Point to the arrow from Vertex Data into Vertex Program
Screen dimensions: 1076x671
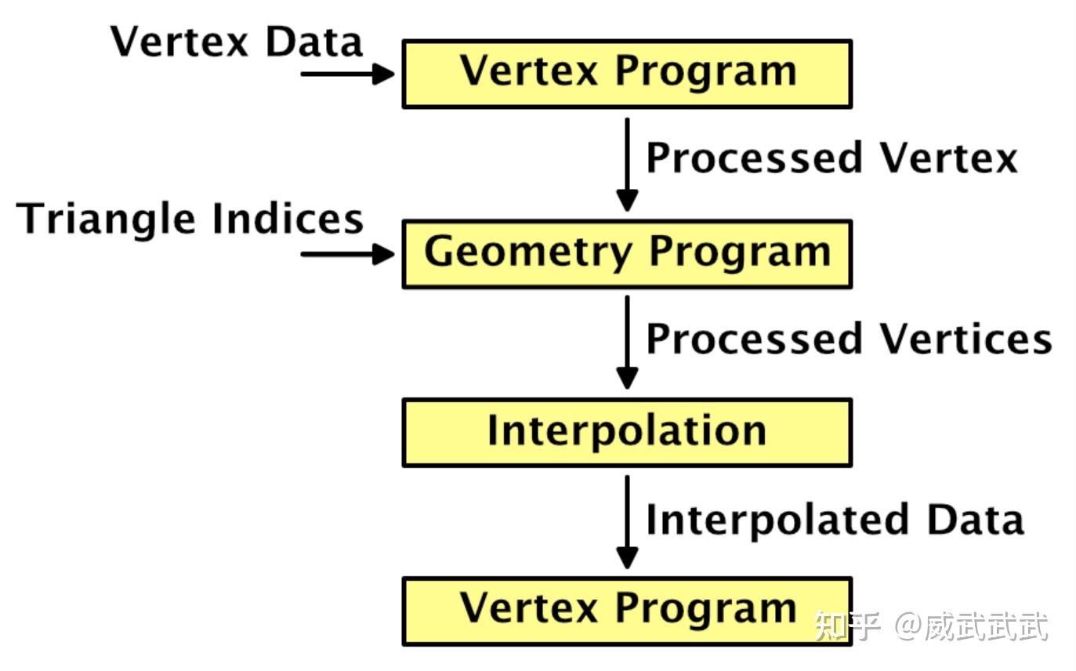tap(348, 74)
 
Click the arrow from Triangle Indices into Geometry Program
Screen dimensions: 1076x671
tap(348, 254)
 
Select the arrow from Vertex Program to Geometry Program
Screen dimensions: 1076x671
tap(628, 165)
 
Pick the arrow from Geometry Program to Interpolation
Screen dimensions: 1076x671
tap(628, 343)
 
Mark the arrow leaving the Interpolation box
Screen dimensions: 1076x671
tap(628, 522)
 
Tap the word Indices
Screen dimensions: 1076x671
tap(288, 218)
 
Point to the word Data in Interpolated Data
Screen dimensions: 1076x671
tap(976, 519)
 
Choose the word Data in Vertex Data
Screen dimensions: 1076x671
tap(313, 42)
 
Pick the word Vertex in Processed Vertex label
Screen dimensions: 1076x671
tap(949, 158)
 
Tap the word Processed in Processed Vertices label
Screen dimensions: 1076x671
tap(754, 339)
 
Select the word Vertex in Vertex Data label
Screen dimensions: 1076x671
tap(179, 42)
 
